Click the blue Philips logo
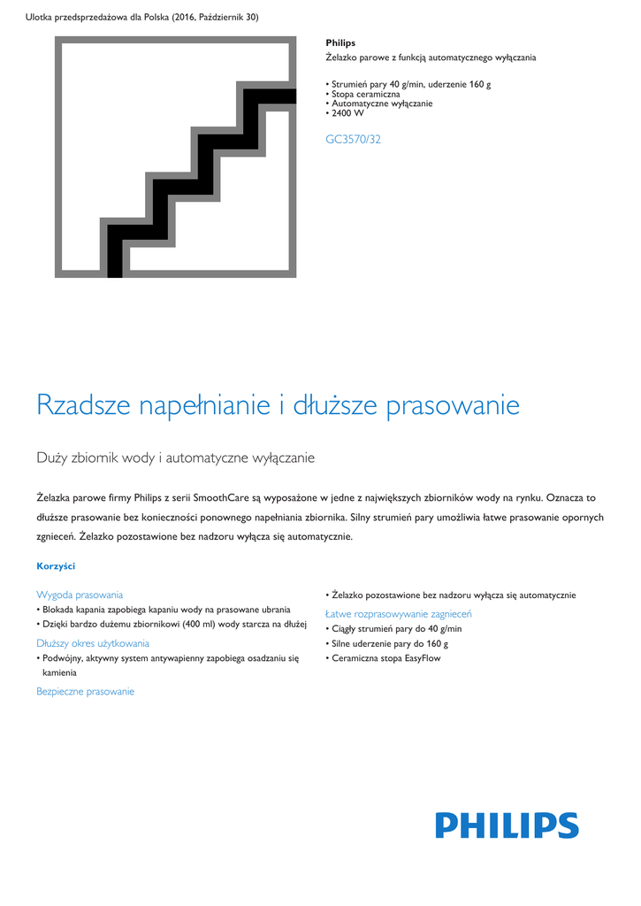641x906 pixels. (x=507, y=825)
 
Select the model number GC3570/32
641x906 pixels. (x=353, y=139)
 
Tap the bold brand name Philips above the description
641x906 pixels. (x=340, y=42)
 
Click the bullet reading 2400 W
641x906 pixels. (x=347, y=113)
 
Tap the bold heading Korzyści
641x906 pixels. (x=56, y=565)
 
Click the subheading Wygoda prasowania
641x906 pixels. (x=80, y=595)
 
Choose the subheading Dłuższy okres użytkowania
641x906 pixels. (x=93, y=643)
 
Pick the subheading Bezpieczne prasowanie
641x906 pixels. (x=85, y=691)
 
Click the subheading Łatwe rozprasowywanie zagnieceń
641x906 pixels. (x=398, y=613)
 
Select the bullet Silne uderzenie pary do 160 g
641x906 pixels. (x=389, y=643)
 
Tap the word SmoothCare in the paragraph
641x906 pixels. (x=222, y=498)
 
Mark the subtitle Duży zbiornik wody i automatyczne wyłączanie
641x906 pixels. (x=176, y=457)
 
